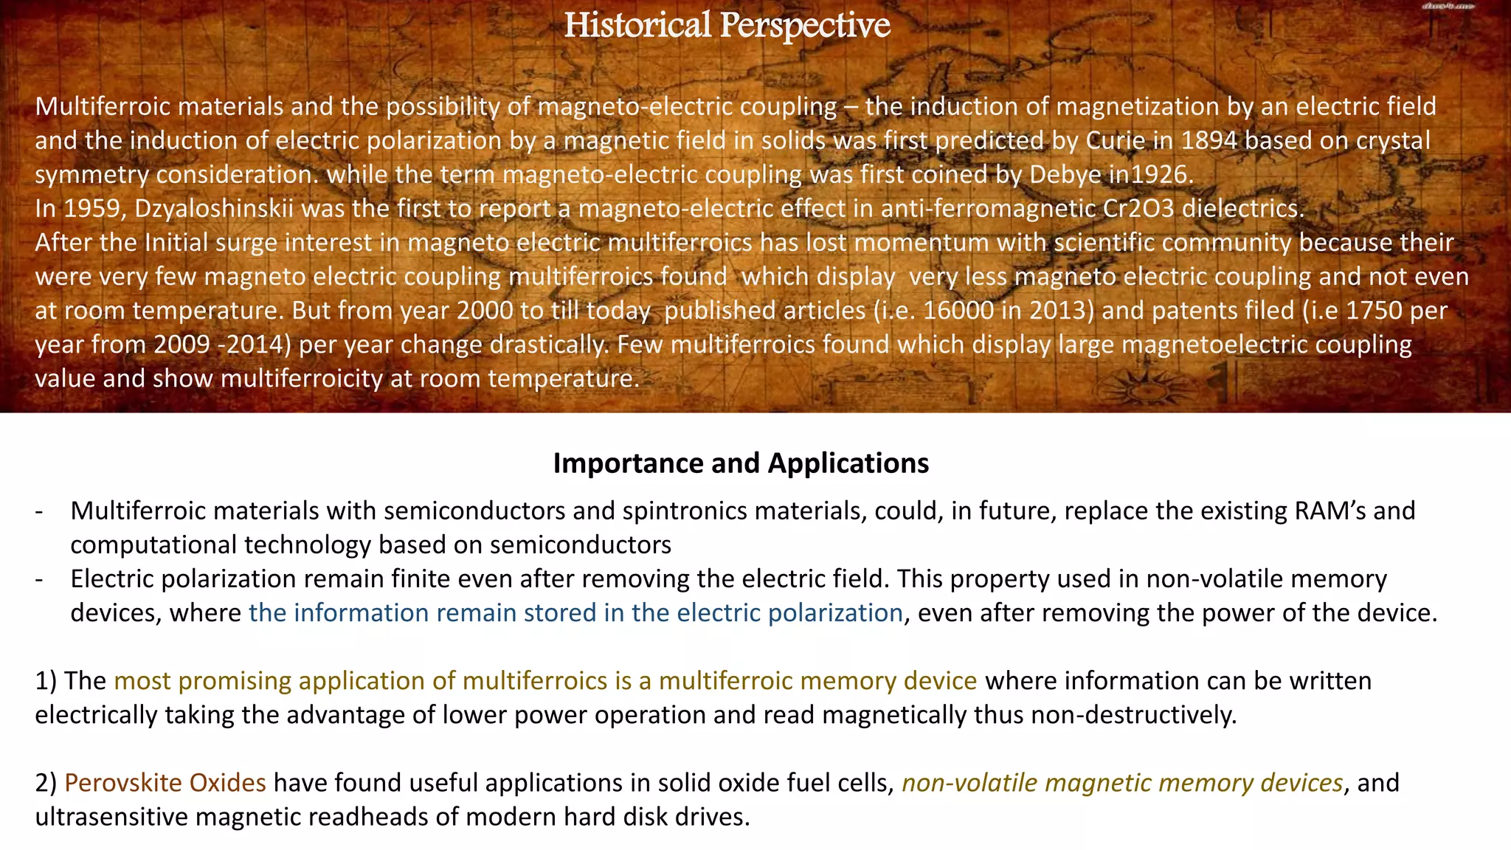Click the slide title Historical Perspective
[x=727, y=26]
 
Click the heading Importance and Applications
[x=741, y=463]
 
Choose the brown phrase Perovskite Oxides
[x=165, y=783]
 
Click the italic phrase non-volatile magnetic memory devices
[x=1122, y=783]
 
